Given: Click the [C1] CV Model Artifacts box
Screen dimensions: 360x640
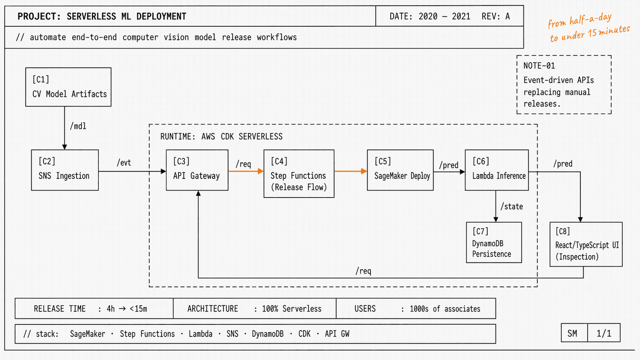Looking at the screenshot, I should coord(68,87).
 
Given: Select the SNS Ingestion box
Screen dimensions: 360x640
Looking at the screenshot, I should coord(65,170).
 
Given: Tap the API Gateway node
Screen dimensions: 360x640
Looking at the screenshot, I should coord(197,170).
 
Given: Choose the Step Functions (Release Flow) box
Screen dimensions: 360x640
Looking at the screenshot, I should coord(299,174).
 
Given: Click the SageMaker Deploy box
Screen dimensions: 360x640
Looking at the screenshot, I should coord(400,170).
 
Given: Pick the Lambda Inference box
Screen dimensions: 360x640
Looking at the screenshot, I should coord(496,170).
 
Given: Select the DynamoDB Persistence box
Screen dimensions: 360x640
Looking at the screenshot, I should coord(494,242).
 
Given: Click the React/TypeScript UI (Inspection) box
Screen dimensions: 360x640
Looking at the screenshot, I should coord(586,244).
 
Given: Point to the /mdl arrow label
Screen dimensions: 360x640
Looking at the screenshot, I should coord(78,126).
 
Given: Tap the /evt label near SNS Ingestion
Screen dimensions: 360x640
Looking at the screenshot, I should coord(124,163).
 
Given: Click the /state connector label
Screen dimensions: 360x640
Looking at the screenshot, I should coord(512,207).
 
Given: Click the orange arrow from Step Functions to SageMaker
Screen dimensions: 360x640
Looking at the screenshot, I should coord(350,171).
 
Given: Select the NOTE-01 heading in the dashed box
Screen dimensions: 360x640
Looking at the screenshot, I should coord(539,66).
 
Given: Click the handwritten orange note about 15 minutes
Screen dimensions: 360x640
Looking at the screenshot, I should coord(589,28).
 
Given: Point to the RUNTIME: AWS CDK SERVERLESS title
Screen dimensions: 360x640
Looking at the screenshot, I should coord(221,137).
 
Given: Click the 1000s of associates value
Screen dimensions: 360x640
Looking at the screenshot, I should coord(445,309).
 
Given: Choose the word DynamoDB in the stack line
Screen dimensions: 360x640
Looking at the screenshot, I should coord(268,334).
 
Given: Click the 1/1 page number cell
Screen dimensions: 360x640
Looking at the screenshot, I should coord(604,333).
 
